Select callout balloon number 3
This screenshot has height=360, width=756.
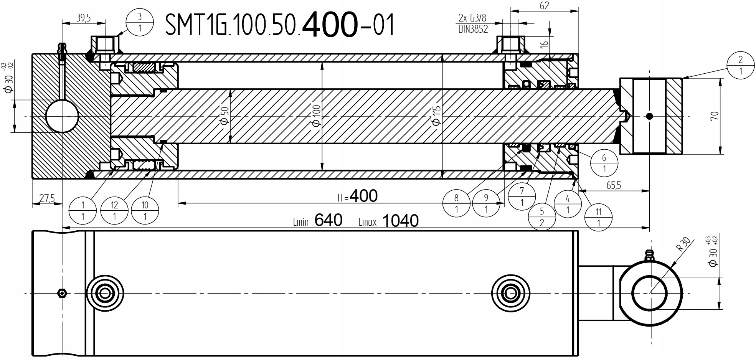point(139,22)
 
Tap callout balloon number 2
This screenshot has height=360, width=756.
point(740,65)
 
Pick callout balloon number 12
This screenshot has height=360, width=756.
point(114,211)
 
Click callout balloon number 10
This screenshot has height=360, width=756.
point(145,211)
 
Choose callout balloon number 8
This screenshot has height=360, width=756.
point(456,203)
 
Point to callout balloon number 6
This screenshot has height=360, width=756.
point(604,163)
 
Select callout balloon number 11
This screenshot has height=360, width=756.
point(598,217)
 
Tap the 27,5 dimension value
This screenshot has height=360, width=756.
point(47,198)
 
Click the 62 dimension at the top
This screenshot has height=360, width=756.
point(544,5)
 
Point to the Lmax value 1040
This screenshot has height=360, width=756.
point(400,221)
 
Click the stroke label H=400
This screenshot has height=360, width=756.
point(358,196)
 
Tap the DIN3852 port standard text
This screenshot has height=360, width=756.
point(473,29)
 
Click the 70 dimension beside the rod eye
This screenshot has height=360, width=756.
point(714,116)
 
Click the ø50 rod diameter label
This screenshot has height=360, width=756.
point(225,115)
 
